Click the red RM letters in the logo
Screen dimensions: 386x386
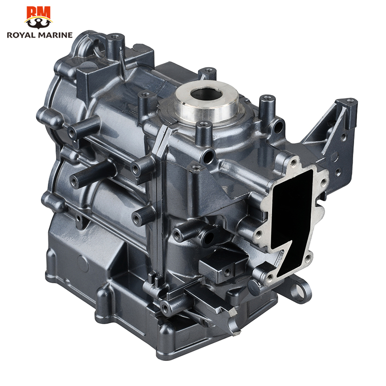[39, 13]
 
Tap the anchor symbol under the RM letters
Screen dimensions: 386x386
[39, 23]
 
